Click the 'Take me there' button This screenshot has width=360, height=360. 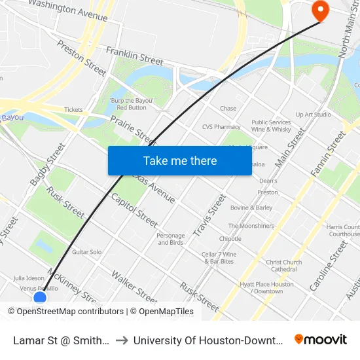click(179, 160)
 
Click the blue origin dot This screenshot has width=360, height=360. click(40, 298)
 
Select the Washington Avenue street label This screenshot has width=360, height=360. click(68, 7)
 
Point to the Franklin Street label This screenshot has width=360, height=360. click(134, 55)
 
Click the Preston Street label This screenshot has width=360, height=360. click(81, 58)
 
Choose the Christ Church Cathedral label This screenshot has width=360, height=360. click(284, 266)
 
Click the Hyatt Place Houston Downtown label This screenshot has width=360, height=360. click(266, 287)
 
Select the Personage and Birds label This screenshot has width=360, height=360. click(171, 239)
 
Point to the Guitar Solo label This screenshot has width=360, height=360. click(86, 251)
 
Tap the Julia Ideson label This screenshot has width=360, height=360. click(28, 278)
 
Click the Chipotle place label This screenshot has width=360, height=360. click(230, 239)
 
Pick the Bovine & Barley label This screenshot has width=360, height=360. click(251, 207)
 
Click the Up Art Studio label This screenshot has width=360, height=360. click(313, 115)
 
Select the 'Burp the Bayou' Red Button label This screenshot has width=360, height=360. click(131, 104)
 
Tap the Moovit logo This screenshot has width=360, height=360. click(321, 339)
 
